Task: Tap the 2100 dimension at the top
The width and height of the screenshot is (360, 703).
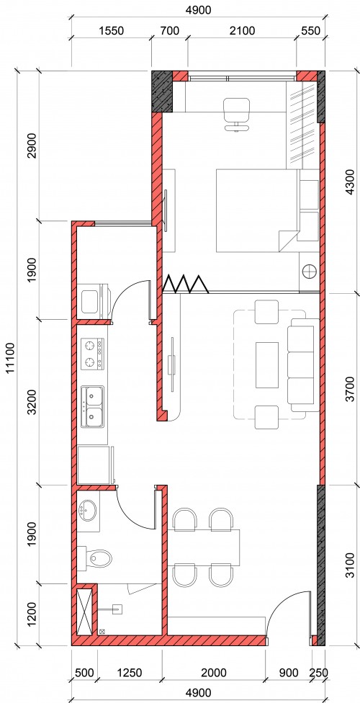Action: click(242, 30)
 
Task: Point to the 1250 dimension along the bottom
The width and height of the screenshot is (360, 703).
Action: click(130, 673)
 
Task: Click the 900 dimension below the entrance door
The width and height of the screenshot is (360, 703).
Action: click(287, 673)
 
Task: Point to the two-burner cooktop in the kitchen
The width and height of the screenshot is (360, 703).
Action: click(92, 354)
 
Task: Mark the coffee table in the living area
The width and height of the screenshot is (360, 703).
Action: click(266, 365)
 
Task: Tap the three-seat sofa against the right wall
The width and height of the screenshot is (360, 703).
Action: click(304, 364)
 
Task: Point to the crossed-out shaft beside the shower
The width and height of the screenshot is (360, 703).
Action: click(84, 611)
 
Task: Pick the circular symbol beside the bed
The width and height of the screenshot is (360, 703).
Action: click(310, 272)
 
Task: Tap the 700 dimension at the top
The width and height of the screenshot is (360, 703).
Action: click(169, 30)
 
